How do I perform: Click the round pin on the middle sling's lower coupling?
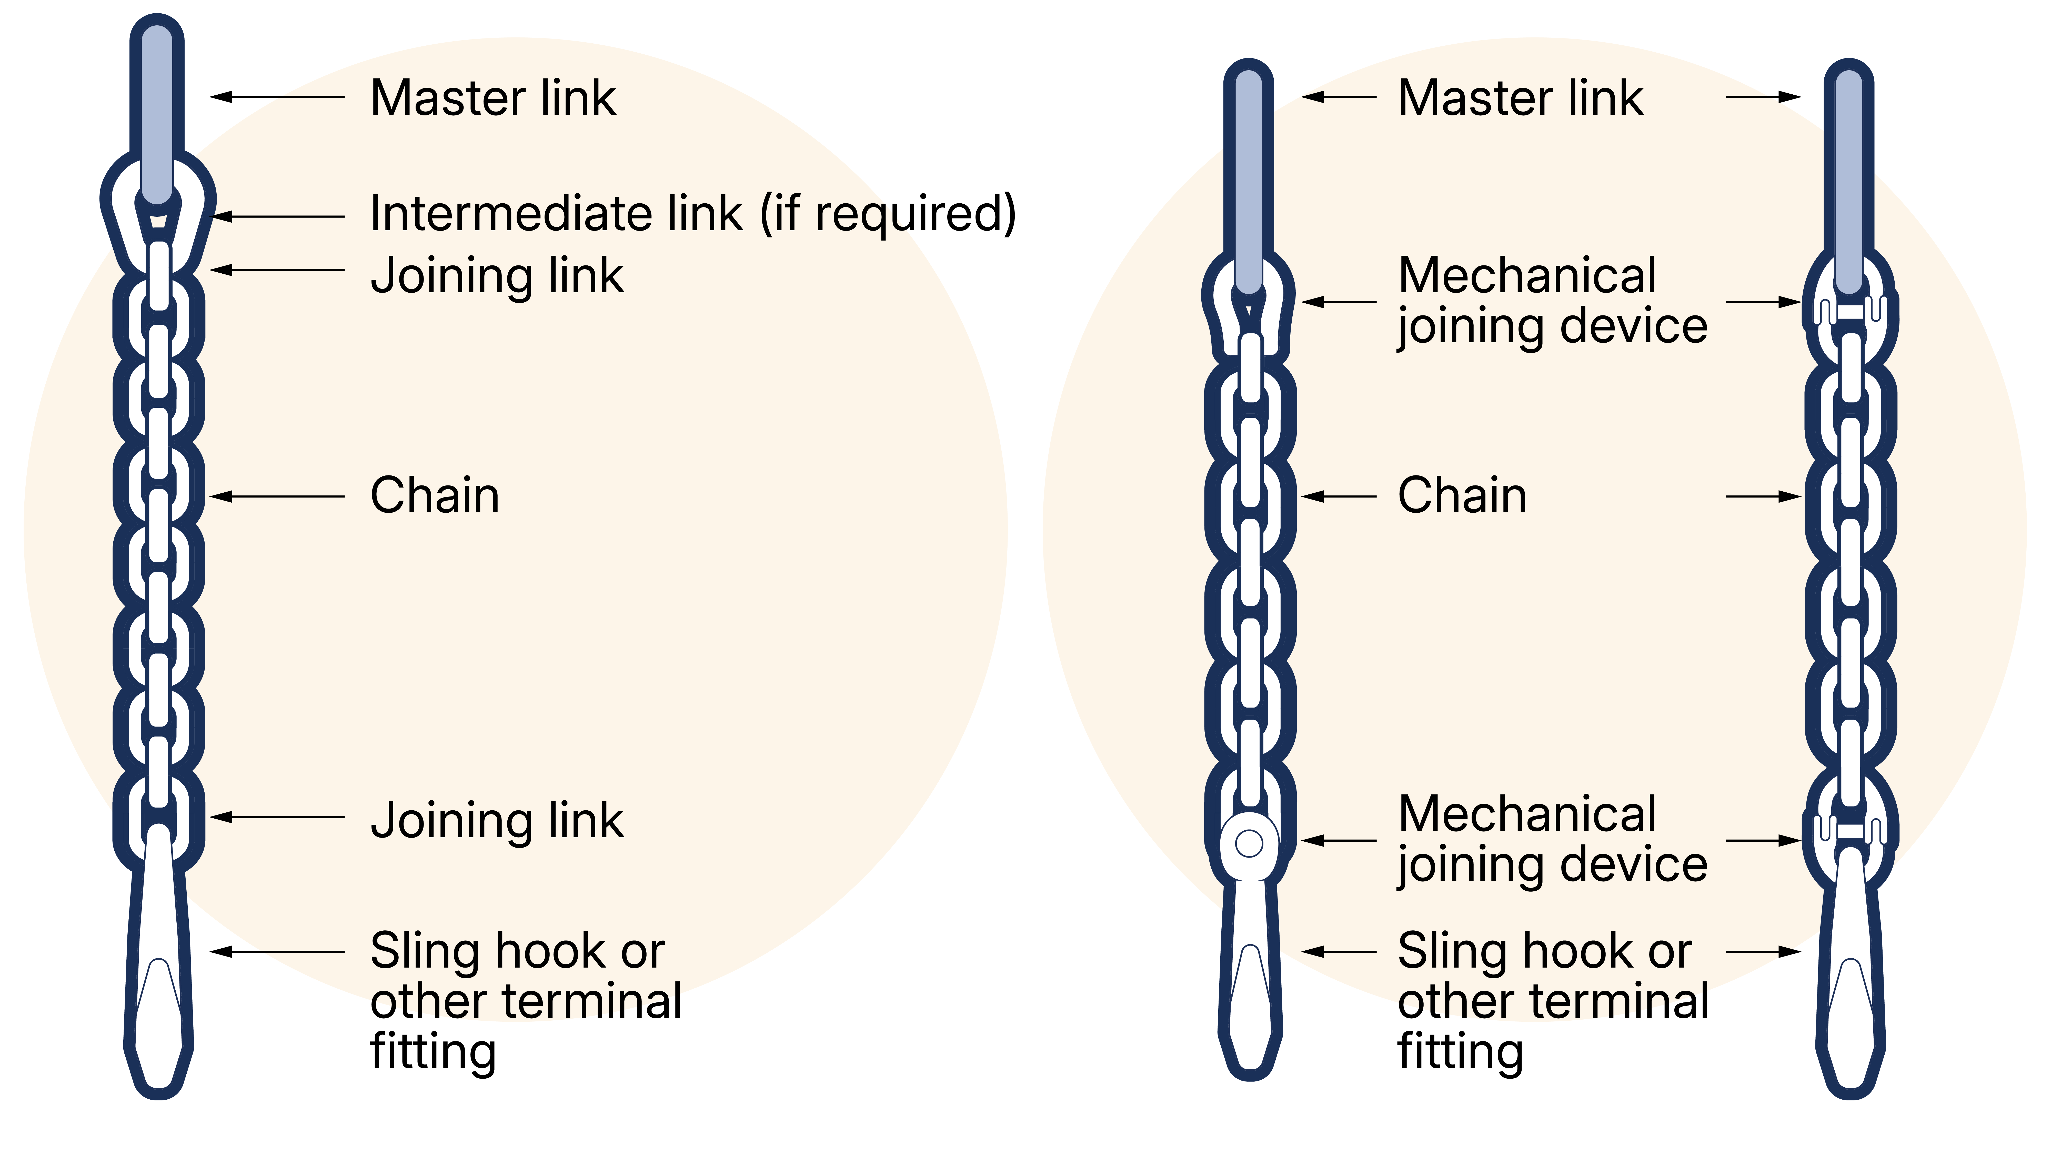(x=1249, y=843)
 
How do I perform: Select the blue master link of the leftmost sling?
(x=157, y=112)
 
